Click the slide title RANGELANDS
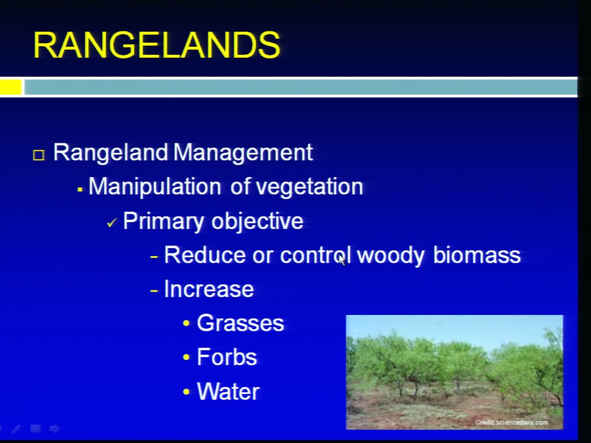(x=157, y=45)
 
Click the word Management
(x=243, y=153)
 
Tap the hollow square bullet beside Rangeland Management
(x=39, y=155)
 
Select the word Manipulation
(x=155, y=186)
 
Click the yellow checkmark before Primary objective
(x=111, y=223)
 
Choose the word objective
(x=257, y=221)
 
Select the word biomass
(x=476, y=255)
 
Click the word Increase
(x=209, y=289)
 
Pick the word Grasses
(x=240, y=323)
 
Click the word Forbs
(x=227, y=357)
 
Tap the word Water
(x=228, y=391)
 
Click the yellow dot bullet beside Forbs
(x=186, y=357)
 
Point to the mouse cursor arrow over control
(x=342, y=260)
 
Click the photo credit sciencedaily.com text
(x=511, y=422)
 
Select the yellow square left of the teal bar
(x=10, y=87)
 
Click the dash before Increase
(x=154, y=290)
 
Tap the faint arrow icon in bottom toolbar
(x=54, y=428)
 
